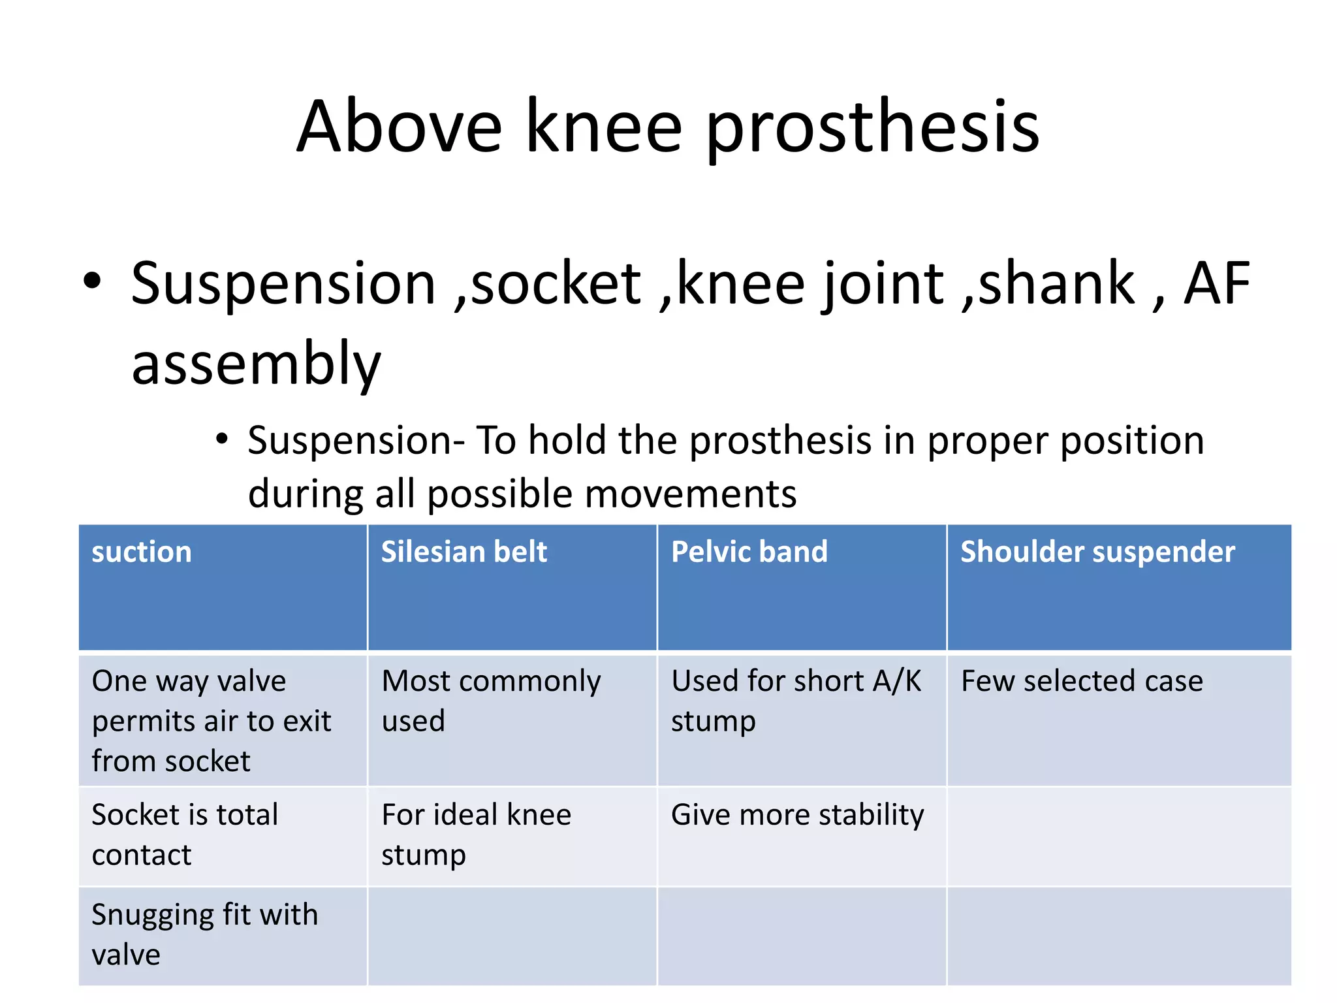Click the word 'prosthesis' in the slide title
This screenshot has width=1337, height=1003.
pos(873,127)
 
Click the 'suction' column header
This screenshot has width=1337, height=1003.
pos(142,552)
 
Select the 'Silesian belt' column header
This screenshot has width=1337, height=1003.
pos(464,552)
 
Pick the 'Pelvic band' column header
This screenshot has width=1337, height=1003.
pos(749,552)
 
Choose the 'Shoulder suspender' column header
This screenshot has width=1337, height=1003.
pos(1097,552)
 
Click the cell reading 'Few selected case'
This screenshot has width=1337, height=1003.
pos(1082,681)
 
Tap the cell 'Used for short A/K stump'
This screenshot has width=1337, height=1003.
pos(796,701)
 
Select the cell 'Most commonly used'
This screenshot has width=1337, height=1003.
pos(491,701)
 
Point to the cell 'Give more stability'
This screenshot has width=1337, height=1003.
pos(797,815)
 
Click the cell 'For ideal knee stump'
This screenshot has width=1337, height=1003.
pos(476,835)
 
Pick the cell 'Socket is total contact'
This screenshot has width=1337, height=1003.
pos(185,835)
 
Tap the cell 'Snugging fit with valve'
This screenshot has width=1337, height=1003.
pos(204,934)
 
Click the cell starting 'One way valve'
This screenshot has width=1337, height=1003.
pos(211,721)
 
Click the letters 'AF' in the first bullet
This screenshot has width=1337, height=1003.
pos(1216,283)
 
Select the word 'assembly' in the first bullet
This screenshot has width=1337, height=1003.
pos(256,364)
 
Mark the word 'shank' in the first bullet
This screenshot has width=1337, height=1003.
pos(1057,283)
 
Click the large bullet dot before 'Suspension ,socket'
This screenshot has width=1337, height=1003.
pos(93,281)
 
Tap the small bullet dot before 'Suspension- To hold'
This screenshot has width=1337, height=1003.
pos(222,439)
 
